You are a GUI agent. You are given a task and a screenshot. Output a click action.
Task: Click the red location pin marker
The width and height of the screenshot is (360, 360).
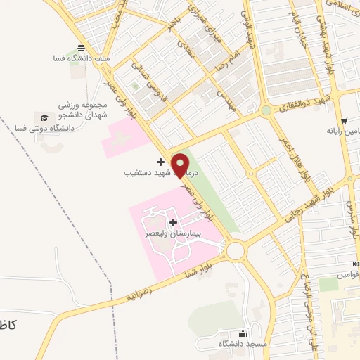pos(181,165)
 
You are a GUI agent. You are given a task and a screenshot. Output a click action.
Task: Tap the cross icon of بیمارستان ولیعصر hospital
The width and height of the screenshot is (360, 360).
pos(174,222)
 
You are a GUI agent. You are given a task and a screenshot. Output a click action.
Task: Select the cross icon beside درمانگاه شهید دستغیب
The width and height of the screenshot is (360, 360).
pos(161,162)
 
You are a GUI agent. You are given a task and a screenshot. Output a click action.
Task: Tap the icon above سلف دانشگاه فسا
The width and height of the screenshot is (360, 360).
pos(82,48)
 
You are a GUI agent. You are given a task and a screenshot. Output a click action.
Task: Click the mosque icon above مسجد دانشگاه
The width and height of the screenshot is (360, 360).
pos(243,333)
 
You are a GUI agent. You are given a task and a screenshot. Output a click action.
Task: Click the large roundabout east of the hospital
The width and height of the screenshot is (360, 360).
pos(235,250)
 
